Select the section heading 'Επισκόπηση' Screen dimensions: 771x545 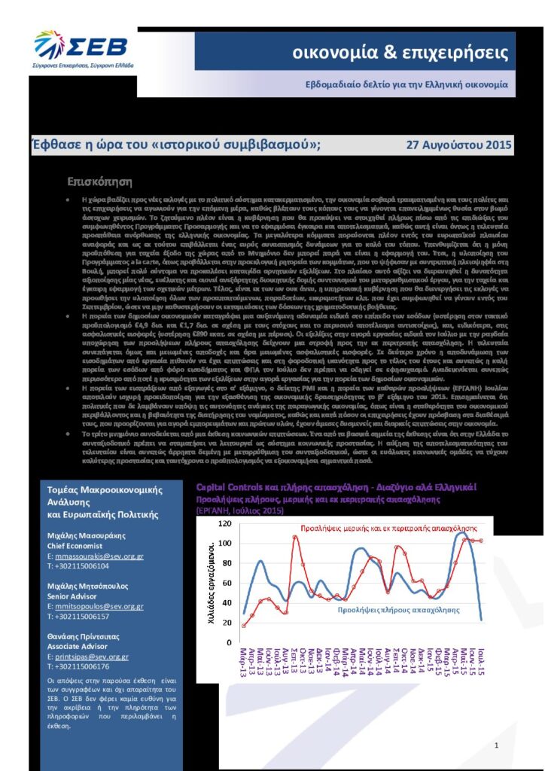tap(100, 181)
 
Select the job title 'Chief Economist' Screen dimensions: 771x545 tap(78, 546)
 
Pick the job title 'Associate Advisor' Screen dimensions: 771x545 tap(81, 646)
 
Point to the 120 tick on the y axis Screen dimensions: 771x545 tap(224, 523)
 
